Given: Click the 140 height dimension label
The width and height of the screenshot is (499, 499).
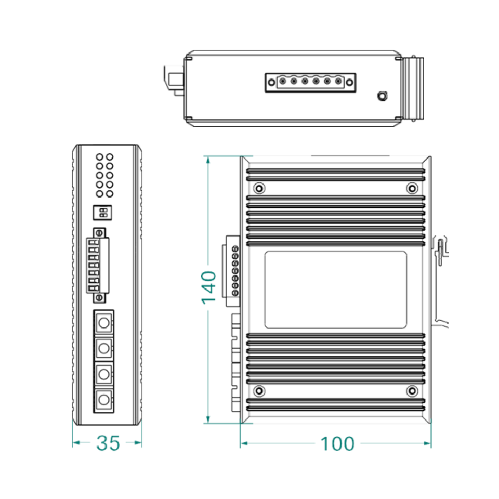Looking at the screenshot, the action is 208,287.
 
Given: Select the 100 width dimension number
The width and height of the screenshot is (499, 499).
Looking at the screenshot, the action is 337,444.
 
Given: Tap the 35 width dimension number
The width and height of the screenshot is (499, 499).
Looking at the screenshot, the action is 108,443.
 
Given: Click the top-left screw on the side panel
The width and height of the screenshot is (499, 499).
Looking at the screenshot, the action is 259,188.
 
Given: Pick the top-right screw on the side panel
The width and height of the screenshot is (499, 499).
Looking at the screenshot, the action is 412,188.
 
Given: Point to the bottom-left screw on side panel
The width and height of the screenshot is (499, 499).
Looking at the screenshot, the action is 259,390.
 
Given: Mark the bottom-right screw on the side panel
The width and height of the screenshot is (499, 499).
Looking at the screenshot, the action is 412,390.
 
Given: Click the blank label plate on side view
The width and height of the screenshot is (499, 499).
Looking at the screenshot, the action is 335,290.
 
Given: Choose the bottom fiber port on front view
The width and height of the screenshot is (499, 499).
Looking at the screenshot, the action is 104,400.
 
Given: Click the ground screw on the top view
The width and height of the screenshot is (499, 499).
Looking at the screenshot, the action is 382,96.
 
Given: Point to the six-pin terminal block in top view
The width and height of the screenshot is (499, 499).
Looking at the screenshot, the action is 310,82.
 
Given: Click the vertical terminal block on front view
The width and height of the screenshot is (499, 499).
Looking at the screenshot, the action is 99,264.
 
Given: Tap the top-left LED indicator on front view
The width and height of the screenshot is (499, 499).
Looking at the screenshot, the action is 99,156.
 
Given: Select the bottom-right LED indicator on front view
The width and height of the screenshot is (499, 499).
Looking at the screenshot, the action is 109,194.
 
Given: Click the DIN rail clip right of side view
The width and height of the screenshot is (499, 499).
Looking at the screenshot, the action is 441,249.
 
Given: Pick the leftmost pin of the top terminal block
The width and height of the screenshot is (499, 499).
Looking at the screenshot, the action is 282,82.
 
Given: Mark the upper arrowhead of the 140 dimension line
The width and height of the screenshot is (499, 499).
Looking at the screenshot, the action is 208,160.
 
